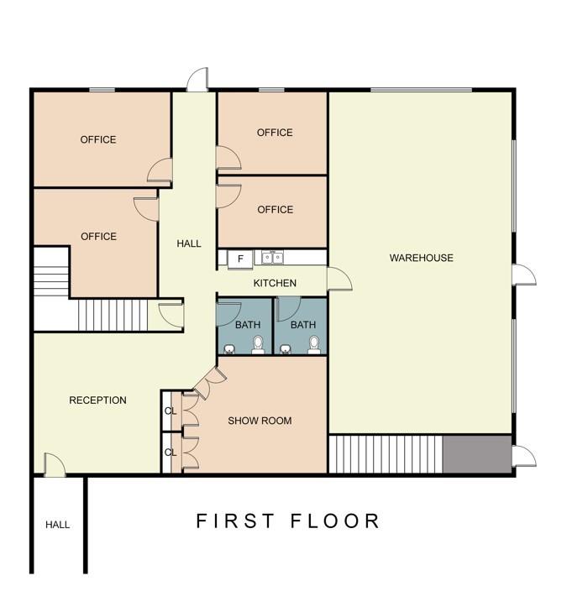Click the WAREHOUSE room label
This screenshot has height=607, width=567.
(x=422, y=258)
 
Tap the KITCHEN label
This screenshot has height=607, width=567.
(x=275, y=283)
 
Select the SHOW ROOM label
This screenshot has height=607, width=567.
(x=260, y=421)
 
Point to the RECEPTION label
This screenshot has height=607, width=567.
(x=97, y=400)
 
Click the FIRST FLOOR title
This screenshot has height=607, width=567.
(x=288, y=521)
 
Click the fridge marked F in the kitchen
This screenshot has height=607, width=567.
(x=240, y=259)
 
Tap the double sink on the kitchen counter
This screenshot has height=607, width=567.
(x=273, y=258)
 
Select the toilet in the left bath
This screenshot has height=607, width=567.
(x=258, y=345)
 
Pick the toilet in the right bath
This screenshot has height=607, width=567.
(x=314, y=345)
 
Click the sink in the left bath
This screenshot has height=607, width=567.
(x=229, y=349)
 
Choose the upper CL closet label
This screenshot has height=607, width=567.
(x=171, y=411)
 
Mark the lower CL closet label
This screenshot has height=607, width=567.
(x=171, y=453)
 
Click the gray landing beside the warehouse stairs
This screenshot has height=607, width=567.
(x=477, y=454)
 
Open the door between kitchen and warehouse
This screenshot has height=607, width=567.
(x=339, y=279)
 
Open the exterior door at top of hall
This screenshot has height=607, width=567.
(x=197, y=80)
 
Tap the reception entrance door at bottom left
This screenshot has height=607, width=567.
(x=55, y=464)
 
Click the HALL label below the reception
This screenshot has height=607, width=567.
(x=57, y=525)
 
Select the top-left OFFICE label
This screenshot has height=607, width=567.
(x=98, y=139)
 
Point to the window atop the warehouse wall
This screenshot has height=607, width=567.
(x=422, y=90)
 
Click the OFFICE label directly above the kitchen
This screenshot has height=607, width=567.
(x=275, y=209)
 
